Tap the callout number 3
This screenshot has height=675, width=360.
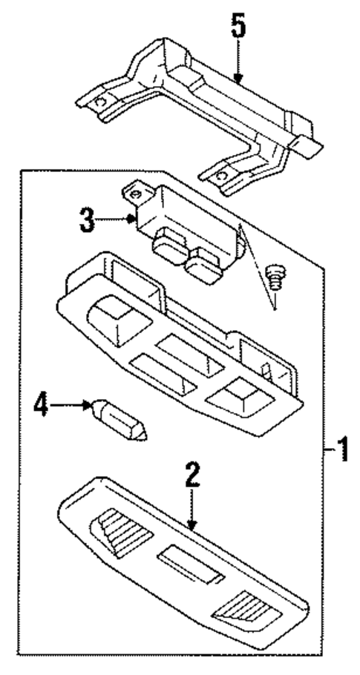[88, 219]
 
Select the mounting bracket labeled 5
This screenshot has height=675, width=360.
[200, 119]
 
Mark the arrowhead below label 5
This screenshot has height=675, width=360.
[236, 81]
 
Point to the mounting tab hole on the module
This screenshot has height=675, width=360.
[136, 194]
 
